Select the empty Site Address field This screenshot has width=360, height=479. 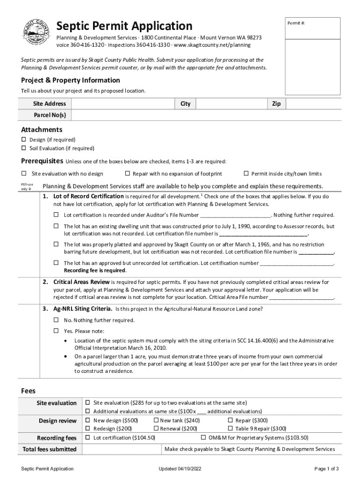coord(122,103)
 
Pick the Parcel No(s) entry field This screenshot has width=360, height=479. coord(206,115)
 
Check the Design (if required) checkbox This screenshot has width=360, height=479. coord(24,139)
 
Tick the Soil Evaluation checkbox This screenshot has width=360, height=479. coord(24,148)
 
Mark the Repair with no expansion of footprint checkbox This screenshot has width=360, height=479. coord(127,174)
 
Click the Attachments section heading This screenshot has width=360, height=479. coord(42,130)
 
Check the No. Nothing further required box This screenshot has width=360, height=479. coord(56,320)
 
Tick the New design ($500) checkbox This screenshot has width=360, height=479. coord(87,421)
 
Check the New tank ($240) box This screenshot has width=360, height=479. coord(156,421)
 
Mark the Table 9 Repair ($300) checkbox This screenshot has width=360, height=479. coord(230,428)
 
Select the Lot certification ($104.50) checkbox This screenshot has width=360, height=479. coord(87,437)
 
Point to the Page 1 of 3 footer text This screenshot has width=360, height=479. coord(326,469)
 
